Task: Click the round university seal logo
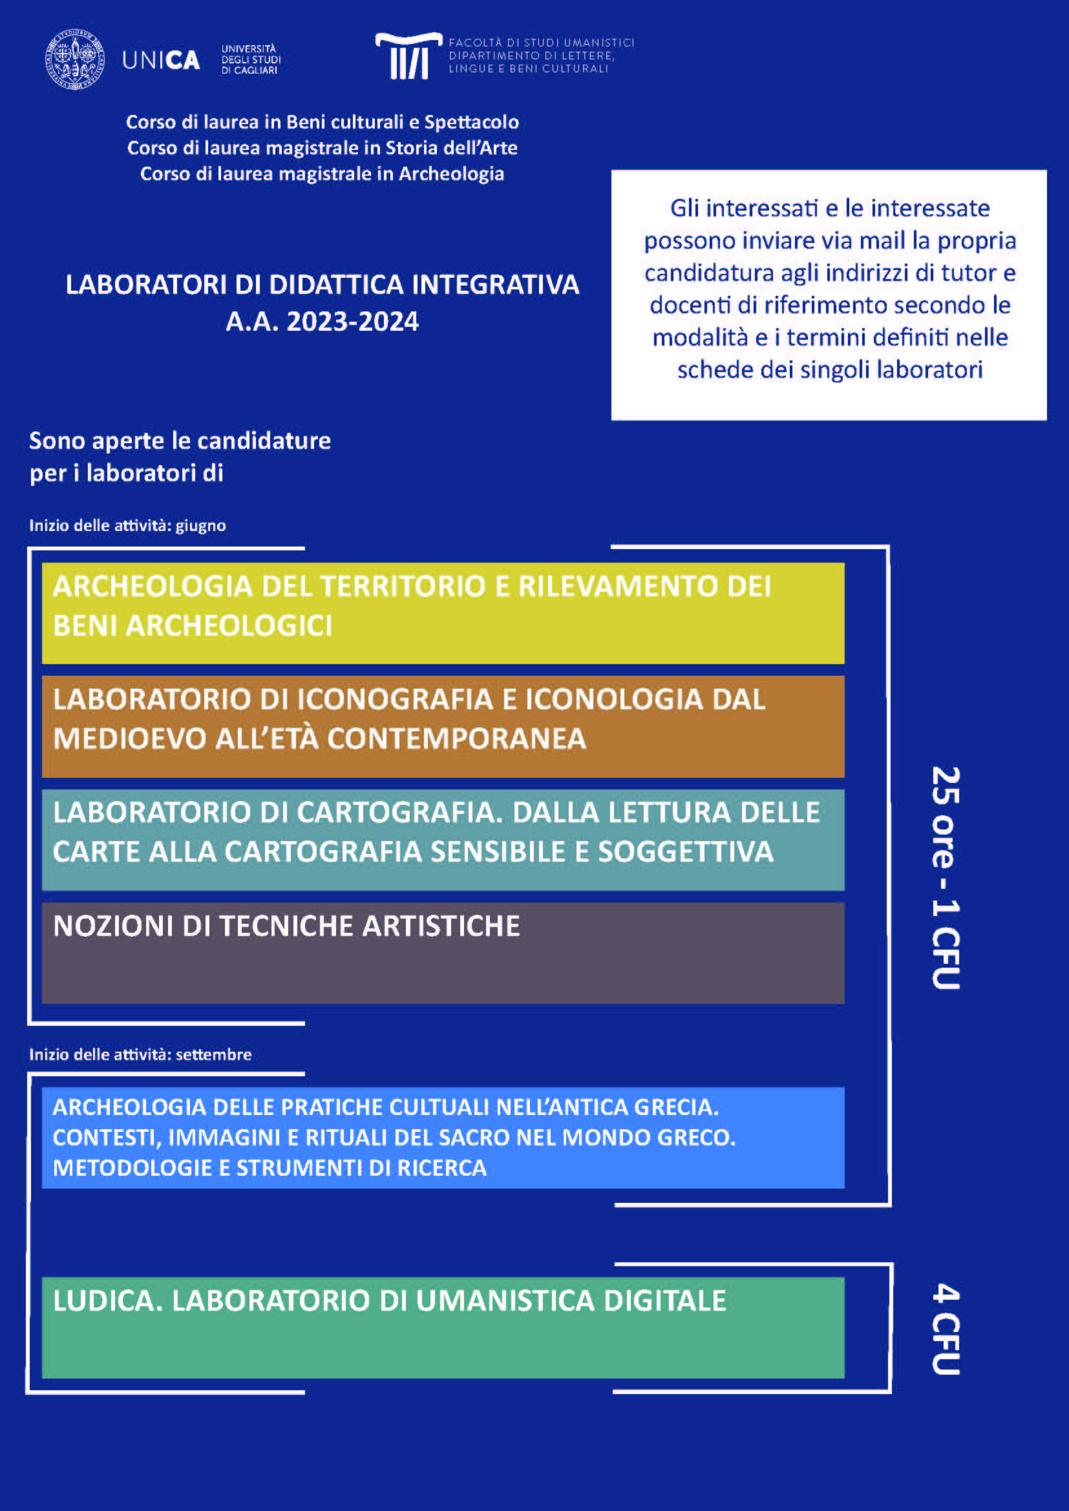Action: (74, 59)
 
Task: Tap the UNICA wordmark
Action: (161, 61)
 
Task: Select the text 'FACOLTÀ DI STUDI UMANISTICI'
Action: (541, 43)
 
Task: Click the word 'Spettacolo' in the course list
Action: (471, 122)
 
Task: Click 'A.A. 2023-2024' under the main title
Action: (322, 322)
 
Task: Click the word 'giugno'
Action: (200, 526)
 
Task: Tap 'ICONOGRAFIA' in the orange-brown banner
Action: (395, 700)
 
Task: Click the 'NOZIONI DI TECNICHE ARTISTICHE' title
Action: (286, 926)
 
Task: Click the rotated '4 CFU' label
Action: (946, 1329)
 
